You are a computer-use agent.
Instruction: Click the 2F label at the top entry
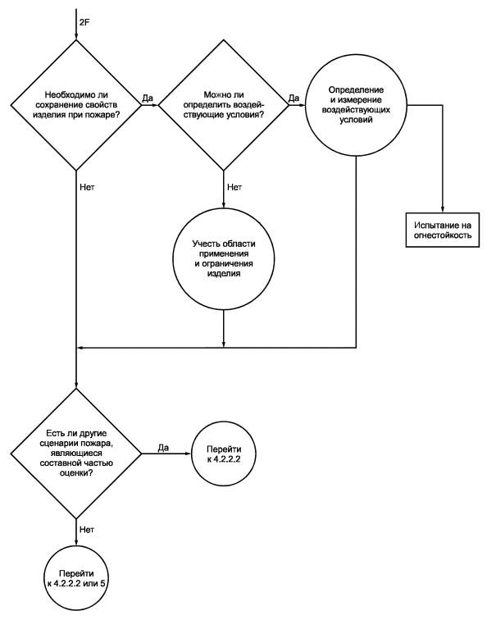[84, 22]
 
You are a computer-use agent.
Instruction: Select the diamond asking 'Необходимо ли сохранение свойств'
[76, 105]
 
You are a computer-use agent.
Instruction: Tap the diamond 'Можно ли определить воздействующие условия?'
[224, 105]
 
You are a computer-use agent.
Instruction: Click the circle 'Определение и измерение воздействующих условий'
[356, 105]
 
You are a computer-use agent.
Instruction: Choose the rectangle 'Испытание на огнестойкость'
[443, 230]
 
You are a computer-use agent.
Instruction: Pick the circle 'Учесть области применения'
[224, 259]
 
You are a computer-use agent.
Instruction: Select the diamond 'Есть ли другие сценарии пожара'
[76, 454]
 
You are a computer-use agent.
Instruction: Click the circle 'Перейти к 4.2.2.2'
[224, 454]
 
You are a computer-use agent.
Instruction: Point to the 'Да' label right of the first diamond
[148, 98]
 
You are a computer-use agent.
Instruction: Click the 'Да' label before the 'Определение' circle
[294, 98]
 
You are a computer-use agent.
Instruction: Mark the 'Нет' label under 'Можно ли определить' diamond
[234, 187]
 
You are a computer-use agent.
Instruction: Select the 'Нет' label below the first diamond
[87, 187]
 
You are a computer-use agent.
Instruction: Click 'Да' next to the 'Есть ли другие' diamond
[163, 448]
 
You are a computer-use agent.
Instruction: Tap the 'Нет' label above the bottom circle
[87, 530]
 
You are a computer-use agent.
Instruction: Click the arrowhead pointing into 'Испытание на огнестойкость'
[443, 210]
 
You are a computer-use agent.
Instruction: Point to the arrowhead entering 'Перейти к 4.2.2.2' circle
[188, 454]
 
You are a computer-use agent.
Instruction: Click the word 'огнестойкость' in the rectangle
[443, 235]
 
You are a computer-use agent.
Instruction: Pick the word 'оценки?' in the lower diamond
[76, 472]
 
